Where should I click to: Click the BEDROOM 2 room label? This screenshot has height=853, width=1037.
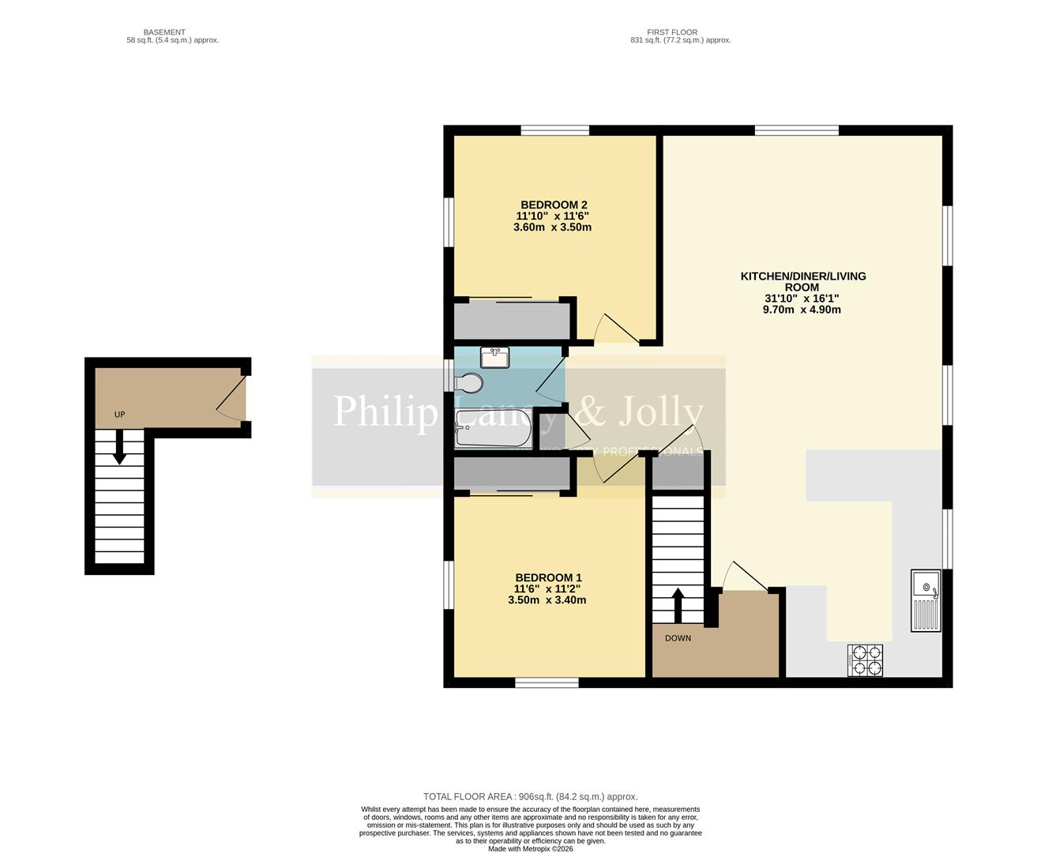tap(553, 205)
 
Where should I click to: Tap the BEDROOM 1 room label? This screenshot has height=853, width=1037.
tap(547, 577)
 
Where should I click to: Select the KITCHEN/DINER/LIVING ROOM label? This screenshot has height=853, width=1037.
tap(802, 281)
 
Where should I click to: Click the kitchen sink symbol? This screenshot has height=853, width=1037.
tap(926, 600)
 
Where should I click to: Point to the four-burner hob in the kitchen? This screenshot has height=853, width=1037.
tap(866, 660)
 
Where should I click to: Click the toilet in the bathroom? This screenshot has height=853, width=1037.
tap(470, 383)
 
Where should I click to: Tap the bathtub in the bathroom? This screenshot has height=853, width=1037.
tap(491, 428)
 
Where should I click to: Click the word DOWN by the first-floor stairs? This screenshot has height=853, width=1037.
tap(678, 638)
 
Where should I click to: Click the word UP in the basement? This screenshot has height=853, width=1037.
tap(119, 415)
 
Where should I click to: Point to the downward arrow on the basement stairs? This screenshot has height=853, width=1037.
tap(119, 447)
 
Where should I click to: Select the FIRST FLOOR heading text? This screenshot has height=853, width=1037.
tap(672, 32)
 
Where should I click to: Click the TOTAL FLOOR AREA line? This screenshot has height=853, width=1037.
tap(530, 797)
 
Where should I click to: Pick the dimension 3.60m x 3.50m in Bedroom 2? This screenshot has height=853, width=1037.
tap(552, 227)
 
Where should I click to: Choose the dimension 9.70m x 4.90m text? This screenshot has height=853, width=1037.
tap(801, 310)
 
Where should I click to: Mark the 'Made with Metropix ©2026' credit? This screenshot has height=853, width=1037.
tap(530, 849)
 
